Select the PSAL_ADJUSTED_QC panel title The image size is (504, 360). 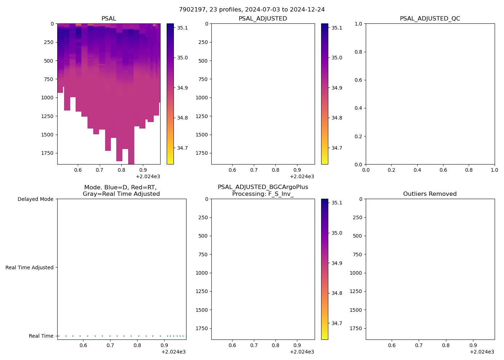click(x=430, y=18)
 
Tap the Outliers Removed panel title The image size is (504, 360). click(x=430, y=194)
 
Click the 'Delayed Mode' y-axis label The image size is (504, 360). click(x=35, y=199)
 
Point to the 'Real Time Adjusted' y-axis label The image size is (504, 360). click(x=30, y=267)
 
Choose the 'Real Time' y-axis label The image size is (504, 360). click(x=41, y=336)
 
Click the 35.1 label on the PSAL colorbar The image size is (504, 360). click(x=182, y=28)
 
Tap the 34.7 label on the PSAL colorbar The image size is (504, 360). click(x=182, y=148)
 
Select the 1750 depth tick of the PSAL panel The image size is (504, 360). click(x=47, y=153)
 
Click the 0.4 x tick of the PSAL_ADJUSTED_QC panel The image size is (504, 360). click(x=417, y=170)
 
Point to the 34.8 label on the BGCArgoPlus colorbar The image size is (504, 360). click(x=337, y=293)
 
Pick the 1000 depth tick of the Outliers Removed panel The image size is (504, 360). click(x=356, y=273)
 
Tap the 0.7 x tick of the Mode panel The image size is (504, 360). click(x=110, y=345)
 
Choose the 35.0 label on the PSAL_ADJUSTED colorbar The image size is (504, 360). click(x=337, y=58)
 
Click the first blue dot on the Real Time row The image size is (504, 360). click(x=59, y=336)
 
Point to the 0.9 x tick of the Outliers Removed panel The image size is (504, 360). click(x=473, y=345)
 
